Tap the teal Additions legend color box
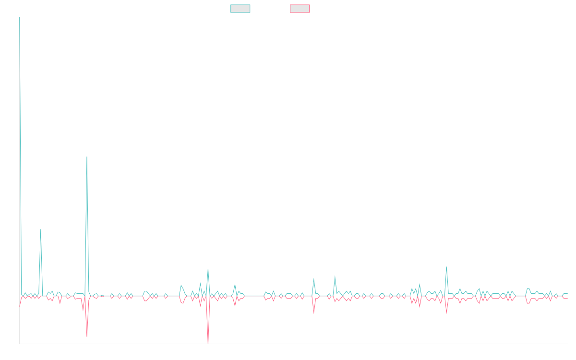click(240, 9)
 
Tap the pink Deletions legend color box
click(300, 9)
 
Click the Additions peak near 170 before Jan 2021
click(87, 157)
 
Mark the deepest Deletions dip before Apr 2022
click(208, 343)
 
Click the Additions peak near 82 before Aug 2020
click(41, 229)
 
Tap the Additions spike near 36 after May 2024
click(446, 267)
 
